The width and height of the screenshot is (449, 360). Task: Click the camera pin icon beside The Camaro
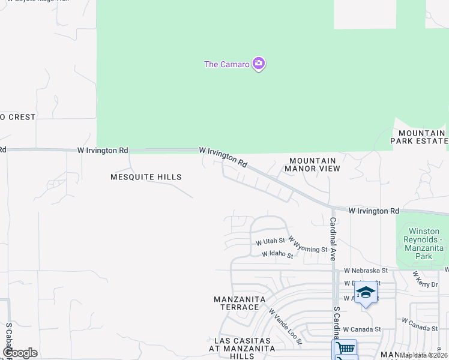coord(259,64)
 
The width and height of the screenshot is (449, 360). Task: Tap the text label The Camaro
coord(227,65)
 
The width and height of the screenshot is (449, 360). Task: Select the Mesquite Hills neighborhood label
coord(146,177)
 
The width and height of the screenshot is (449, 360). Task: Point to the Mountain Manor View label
coord(315,165)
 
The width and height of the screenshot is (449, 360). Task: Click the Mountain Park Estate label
coord(419,137)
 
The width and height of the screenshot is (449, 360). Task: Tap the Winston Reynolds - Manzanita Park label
coord(424,244)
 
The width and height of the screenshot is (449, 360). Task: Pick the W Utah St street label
coord(270,242)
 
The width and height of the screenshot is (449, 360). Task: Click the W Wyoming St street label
coord(308,244)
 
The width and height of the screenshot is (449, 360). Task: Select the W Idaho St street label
coord(277,254)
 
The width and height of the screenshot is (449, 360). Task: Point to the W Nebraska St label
coord(362,271)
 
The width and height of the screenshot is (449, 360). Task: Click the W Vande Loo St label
coord(285,327)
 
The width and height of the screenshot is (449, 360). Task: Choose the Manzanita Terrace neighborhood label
coord(237,303)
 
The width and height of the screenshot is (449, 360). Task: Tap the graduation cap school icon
coord(365,293)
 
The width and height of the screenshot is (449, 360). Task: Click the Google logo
coord(20,353)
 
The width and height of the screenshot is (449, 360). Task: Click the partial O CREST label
coord(18,117)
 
